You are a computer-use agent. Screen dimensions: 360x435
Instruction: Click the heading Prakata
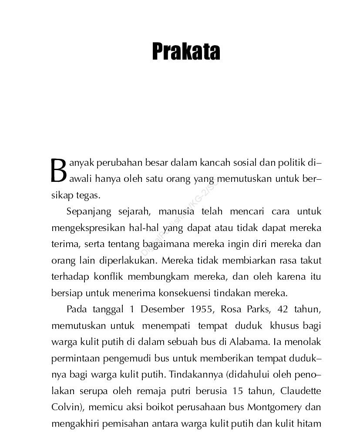coord(186,52)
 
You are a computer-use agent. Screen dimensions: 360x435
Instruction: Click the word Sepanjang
coord(88,212)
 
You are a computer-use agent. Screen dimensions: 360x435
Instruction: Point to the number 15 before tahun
coord(238,391)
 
